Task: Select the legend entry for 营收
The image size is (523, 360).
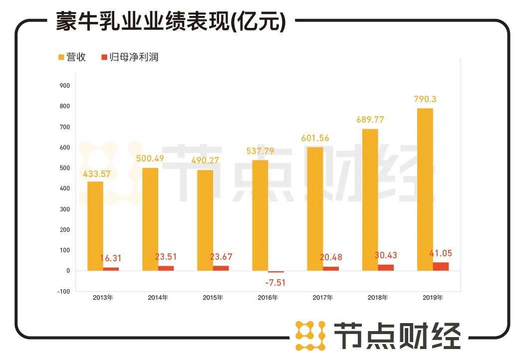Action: [x=72, y=57]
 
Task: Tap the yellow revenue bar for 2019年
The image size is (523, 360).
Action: [x=425, y=189]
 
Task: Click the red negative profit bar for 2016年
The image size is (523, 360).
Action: [x=275, y=272]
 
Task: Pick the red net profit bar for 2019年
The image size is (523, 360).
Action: [x=441, y=266]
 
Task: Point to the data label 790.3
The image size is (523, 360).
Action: [x=425, y=99]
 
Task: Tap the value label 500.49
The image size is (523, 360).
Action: [x=150, y=159]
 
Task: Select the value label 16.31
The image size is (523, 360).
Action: [x=111, y=258]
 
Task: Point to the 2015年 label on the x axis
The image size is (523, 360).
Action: [x=213, y=298]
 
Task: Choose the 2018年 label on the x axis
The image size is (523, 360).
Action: [x=378, y=298]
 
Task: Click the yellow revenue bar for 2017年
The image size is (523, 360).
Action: [x=315, y=209]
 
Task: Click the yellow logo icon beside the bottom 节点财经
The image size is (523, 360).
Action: [x=310, y=336]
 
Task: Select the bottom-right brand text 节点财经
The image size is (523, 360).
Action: [x=397, y=336]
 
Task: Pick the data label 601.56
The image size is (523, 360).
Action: [x=315, y=138]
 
